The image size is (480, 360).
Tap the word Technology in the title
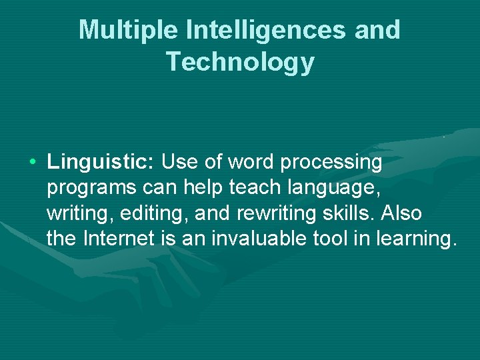click(240, 61)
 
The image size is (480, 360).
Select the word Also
click(402, 213)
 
